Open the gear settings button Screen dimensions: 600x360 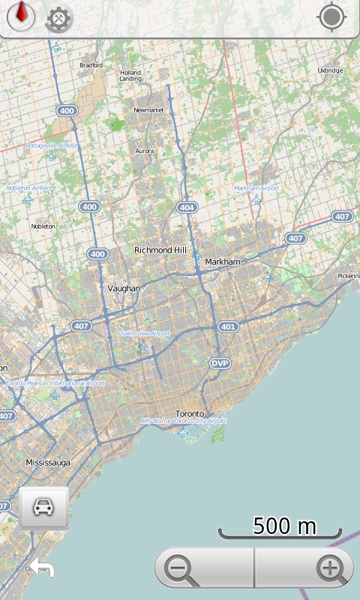(58, 19)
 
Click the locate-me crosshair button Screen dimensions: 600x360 (331, 16)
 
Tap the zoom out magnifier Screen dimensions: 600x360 (181, 569)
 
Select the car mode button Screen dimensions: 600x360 (43, 508)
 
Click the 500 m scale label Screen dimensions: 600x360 (284, 526)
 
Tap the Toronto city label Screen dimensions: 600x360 (189, 414)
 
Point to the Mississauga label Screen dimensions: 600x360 (48, 463)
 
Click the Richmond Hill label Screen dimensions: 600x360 (158, 250)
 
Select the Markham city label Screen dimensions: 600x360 (223, 262)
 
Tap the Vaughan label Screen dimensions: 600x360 (124, 288)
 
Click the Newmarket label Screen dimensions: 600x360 (148, 110)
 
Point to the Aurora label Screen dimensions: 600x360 (145, 151)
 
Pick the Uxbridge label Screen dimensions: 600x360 (330, 70)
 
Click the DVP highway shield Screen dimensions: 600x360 (218, 363)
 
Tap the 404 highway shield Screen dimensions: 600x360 (187, 207)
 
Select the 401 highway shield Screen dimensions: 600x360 (228, 327)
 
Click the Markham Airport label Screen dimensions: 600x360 (256, 188)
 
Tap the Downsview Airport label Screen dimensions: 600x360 (144, 333)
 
